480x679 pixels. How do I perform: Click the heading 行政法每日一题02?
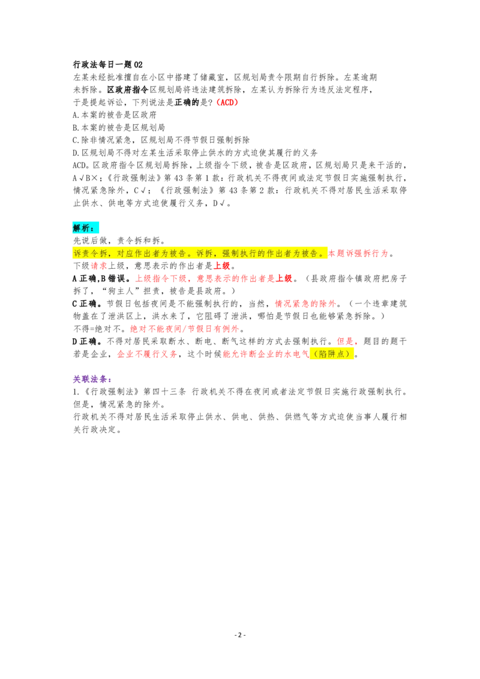(107, 65)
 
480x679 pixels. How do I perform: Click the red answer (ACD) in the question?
(227, 102)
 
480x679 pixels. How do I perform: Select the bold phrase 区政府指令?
(128, 89)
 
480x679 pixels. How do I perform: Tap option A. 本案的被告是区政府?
(115, 115)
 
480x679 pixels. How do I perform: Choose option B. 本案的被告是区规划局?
(119, 127)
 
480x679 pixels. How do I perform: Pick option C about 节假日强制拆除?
(161, 140)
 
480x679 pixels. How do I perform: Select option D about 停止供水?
(195, 152)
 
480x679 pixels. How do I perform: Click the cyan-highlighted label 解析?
(85, 228)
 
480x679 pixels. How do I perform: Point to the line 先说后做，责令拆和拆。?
(119, 241)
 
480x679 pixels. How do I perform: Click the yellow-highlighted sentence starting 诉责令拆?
(200, 253)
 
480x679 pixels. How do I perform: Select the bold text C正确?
(87, 304)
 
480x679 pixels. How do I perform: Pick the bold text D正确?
(87, 341)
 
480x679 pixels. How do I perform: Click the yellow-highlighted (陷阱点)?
(332, 354)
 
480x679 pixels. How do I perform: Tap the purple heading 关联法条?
(92, 379)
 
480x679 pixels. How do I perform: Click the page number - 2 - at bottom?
(240, 635)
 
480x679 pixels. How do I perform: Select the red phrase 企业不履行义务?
(147, 354)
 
